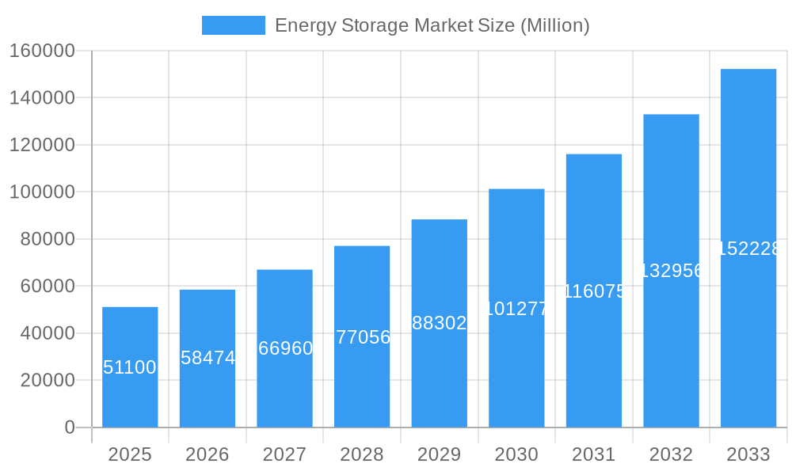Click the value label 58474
coord(208,358)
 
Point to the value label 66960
coord(285,348)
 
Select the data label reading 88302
coord(440,323)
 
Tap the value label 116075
coord(594,291)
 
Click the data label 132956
coord(671,271)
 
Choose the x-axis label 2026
coord(208,454)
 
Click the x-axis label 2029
coord(440,454)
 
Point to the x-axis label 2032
coord(671,454)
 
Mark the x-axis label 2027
coord(284,454)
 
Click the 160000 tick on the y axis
coord(42,51)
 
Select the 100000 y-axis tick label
coord(42,192)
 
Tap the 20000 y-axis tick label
coord(47,381)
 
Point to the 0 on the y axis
coord(69,427)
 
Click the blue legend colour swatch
coord(234,25)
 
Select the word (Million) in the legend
coord(554,25)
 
